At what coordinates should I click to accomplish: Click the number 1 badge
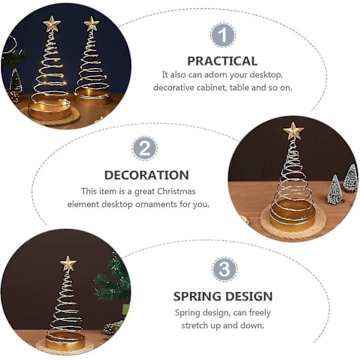click(x=223, y=35)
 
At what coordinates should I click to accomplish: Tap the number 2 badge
click(x=145, y=148)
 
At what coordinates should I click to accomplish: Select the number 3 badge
click(x=224, y=269)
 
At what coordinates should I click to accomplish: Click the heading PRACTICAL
click(x=222, y=61)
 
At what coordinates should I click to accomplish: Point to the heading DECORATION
click(x=146, y=175)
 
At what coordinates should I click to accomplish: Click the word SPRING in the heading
click(x=197, y=296)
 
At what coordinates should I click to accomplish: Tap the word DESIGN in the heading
click(x=248, y=296)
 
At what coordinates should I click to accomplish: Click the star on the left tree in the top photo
click(x=52, y=23)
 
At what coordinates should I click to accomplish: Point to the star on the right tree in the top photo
click(x=92, y=23)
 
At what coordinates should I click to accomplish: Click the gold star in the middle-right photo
click(x=293, y=130)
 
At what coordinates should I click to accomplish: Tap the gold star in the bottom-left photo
click(x=68, y=263)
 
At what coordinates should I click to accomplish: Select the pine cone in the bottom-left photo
click(x=109, y=329)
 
